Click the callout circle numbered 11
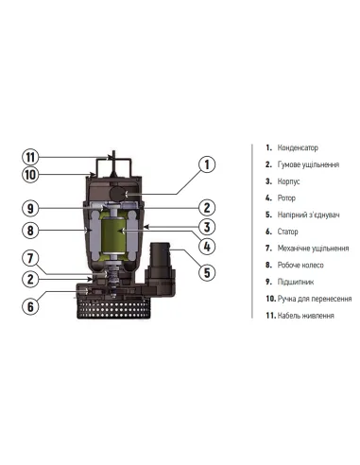tap(30, 157)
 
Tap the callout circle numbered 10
tap(30, 175)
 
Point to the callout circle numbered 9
tap(30, 208)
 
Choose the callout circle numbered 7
tap(30, 259)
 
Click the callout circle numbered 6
tap(30, 305)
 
